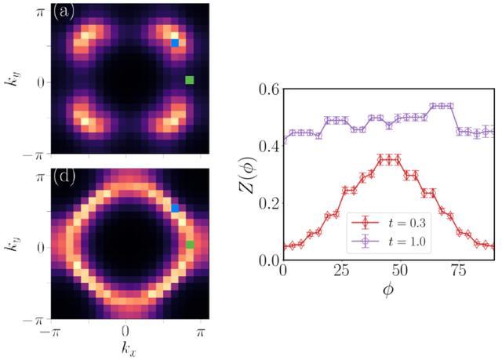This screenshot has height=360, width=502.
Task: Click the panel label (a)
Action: [64, 13]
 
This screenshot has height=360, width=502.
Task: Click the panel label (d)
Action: [64, 176]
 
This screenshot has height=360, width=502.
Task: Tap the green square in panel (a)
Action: [189, 80]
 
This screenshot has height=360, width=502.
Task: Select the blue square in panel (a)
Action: [176, 43]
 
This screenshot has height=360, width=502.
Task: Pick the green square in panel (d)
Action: [189, 245]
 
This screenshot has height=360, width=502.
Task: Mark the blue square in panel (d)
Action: [176, 208]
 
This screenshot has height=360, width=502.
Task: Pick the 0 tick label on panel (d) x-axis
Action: [125, 330]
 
